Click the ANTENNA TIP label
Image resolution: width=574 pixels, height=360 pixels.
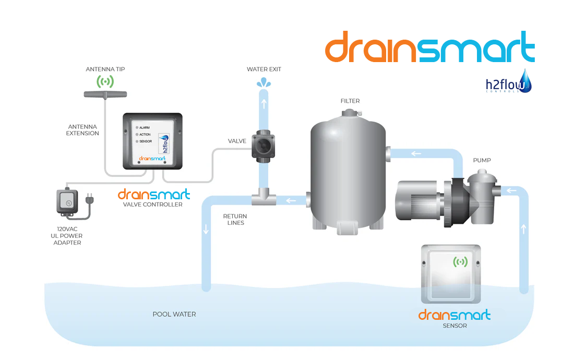105,69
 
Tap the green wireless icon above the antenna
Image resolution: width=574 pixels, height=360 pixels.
105,81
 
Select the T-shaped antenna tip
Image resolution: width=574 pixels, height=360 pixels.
105,94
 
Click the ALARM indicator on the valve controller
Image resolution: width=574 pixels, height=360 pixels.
137,127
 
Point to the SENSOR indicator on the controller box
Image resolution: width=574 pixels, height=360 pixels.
137,141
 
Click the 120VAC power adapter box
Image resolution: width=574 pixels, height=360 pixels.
66,202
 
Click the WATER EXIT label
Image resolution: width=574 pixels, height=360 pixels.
264,69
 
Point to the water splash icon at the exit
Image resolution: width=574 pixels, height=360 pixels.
264,82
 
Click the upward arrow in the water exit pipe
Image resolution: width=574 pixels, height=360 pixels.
264,103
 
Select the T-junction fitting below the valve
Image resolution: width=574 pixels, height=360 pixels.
264,199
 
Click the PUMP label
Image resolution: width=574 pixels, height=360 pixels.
482,160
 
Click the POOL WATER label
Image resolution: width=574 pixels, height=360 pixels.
174,314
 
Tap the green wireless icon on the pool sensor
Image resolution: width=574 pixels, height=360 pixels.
460,262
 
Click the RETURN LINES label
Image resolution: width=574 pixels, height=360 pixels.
235,219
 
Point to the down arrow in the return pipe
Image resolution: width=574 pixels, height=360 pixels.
206,229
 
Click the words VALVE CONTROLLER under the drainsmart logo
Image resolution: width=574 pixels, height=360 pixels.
153,205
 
